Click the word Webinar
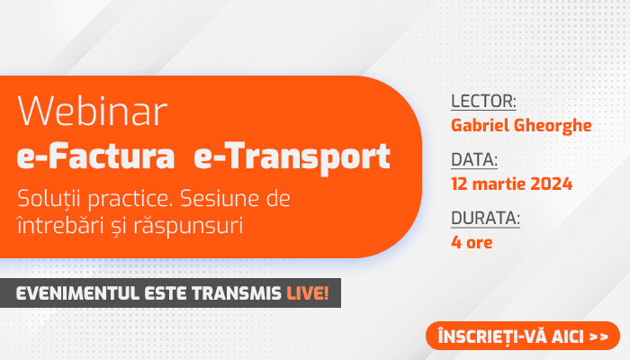[92, 112]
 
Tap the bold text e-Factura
[95, 156]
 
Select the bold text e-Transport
[292, 158]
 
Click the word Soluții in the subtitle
[49, 199]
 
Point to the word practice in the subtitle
[130, 200]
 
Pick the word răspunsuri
[188, 226]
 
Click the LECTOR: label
[483, 101]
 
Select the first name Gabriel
[480, 125]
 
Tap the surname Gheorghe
[553, 126]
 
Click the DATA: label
[474, 159]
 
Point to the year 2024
[551, 184]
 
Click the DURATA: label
[485, 218]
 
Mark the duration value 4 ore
[472, 242]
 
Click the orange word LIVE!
[308, 293]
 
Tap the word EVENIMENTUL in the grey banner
[77, 293]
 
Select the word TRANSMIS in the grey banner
[236, 293]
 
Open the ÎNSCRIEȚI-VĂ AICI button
[523, 336]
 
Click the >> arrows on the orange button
[598, 337]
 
